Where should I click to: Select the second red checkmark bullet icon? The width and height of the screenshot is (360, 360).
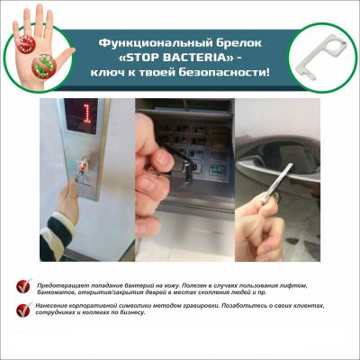click(x=24, y=310)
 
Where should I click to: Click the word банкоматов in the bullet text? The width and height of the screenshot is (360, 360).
click(x=59, y=292)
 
